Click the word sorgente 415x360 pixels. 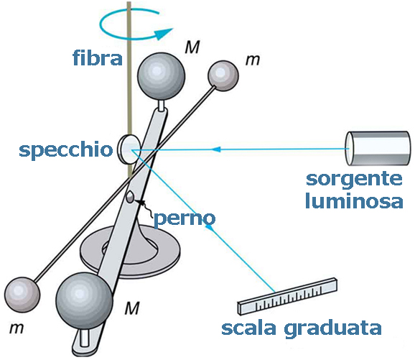pyautogui.click(x=355, y=178)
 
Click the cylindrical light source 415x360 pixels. pyautogui.click(x=370, y=149)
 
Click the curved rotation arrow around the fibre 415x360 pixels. pyautogui.click(x=136, y=28)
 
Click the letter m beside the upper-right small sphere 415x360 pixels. pyautogui.click(x=252, y=60)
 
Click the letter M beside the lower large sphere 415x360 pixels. pyautogui.click(x=131, y=309)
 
